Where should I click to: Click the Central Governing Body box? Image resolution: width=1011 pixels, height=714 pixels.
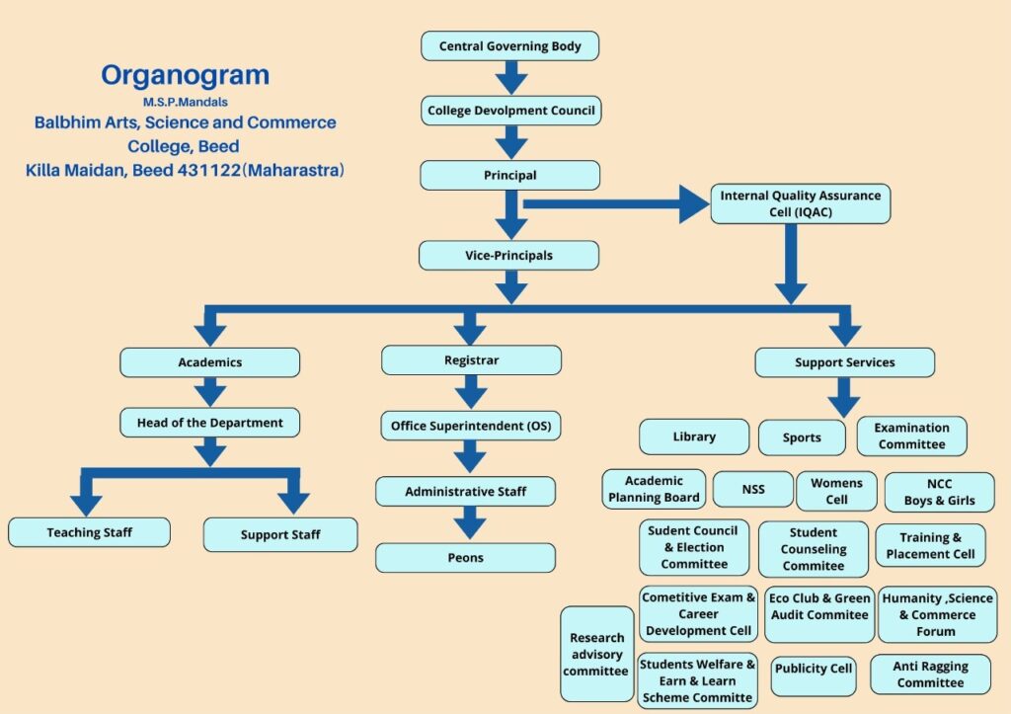tap(509, 46)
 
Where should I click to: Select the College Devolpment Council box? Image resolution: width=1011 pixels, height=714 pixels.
tap(510, 111)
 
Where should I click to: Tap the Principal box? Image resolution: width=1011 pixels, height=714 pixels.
tap(509, 176)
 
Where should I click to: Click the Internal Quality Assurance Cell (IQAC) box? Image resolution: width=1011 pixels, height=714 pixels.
tap(800, 203)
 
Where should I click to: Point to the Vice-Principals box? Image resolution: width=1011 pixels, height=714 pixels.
tap(508, 256)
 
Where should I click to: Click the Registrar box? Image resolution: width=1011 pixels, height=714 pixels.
tap(471, 360)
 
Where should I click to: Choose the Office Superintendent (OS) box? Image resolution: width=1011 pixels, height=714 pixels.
tap(470, 426)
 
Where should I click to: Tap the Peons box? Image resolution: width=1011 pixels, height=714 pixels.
tap(465, 558)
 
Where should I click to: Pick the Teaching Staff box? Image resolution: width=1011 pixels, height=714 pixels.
tap(89, 532)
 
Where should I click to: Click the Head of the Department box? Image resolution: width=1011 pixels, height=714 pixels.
tap(209, 423)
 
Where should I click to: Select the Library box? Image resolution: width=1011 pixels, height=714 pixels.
tap(694, 436)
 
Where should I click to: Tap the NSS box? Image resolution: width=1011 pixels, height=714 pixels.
tap(752, 489)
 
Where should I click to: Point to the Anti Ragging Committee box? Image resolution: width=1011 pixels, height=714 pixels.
tap(930, 674)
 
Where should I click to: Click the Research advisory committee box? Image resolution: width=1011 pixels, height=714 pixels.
tap(596, 654)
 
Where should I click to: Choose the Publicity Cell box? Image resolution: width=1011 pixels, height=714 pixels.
tap(814, 669)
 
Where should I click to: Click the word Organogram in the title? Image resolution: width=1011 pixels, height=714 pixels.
tap(185, 75)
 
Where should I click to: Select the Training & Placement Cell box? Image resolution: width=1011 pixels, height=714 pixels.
tap(930, 546)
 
